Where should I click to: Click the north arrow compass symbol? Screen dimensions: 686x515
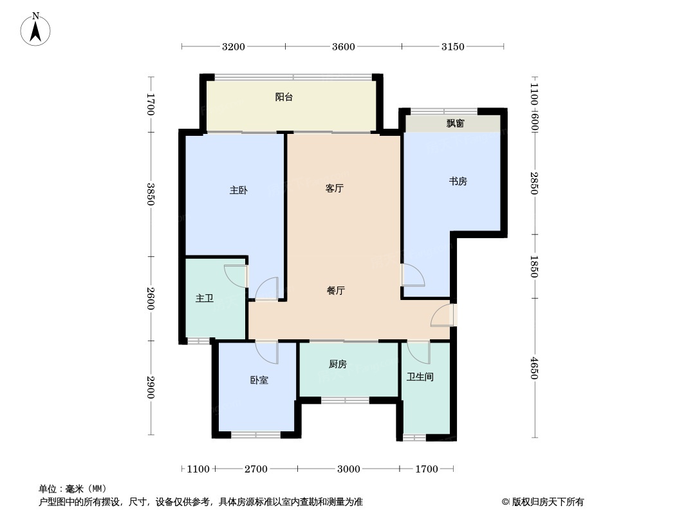tap(35, 30)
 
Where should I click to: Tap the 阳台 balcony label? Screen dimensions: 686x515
tap(284, 97)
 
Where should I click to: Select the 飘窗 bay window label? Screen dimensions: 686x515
tap(455, 124)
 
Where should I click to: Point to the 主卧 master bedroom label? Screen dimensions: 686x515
tap(239, 191)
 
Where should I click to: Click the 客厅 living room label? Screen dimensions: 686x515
tap(334, 188)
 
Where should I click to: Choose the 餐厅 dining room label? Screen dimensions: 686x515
tap(336, 290)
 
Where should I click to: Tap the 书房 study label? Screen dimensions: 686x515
tap(458, 181)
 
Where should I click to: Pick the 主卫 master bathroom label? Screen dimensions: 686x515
tap(204, 299)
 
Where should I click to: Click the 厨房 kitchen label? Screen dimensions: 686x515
tap(338, 364)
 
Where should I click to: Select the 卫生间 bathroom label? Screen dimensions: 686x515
tap(420, 377)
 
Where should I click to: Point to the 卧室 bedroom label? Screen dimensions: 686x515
tap(259, 380)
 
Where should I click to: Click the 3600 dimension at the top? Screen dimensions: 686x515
tap(344, 46)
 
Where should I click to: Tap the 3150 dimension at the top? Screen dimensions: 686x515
tap(453, 46)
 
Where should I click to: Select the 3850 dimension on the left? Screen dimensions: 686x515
tap(151, 194)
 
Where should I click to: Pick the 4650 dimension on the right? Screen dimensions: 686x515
tap(533, 368)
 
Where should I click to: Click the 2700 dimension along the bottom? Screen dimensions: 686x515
tap(256, 469)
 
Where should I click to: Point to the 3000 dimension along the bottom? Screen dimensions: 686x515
tap(349, 469)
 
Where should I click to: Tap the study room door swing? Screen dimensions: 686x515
tap(413, 275)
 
